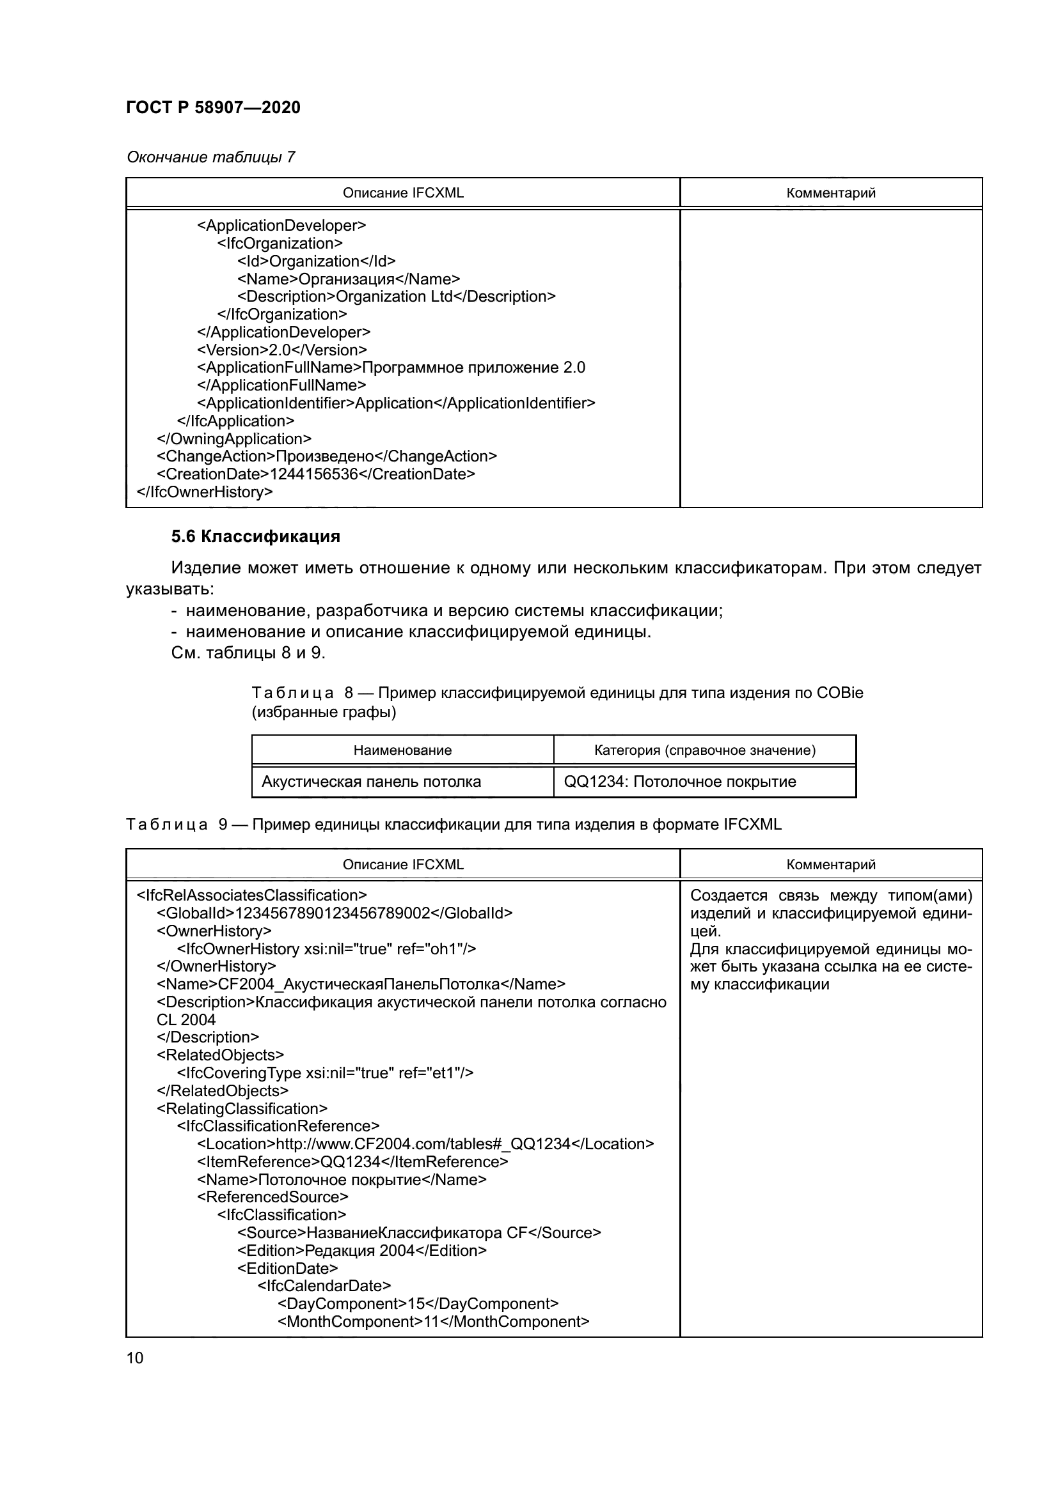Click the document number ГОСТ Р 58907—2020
[213, 107]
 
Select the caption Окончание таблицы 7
[210, 157]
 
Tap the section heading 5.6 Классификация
[255, 536]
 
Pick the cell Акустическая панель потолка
[371, 781]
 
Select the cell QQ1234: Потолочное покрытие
[679, 781]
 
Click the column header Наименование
[402, 750]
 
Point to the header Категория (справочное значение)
[704, 750]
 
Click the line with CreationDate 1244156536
[316, 474]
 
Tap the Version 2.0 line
[281, 350]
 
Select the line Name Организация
[349, 279]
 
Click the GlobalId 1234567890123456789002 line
[334, 913]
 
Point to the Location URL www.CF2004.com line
[425, 1144]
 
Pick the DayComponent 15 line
[418, 1303]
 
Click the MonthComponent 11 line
[433, 1321]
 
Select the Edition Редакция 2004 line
[361, 1250]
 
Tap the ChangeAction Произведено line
[326, 456]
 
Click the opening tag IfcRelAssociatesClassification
[251, 895]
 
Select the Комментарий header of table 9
[831, 865]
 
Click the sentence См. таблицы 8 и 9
[248, 653]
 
